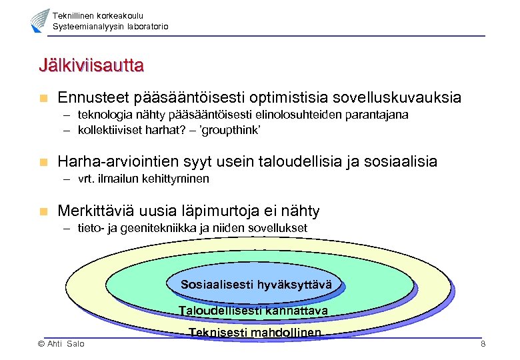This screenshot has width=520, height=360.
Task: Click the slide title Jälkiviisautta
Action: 91,67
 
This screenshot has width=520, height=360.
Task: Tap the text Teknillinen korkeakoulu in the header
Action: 98,15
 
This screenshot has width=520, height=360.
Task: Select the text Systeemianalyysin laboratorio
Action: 111,27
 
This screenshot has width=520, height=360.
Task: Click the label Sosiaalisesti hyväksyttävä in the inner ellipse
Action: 256,285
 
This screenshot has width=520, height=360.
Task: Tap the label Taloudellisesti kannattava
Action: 253,311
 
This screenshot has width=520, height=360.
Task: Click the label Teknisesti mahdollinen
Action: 255,333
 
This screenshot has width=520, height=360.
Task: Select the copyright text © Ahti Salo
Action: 61,343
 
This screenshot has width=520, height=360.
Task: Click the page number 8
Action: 483,343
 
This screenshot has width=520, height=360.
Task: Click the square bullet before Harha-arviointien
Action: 43,162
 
